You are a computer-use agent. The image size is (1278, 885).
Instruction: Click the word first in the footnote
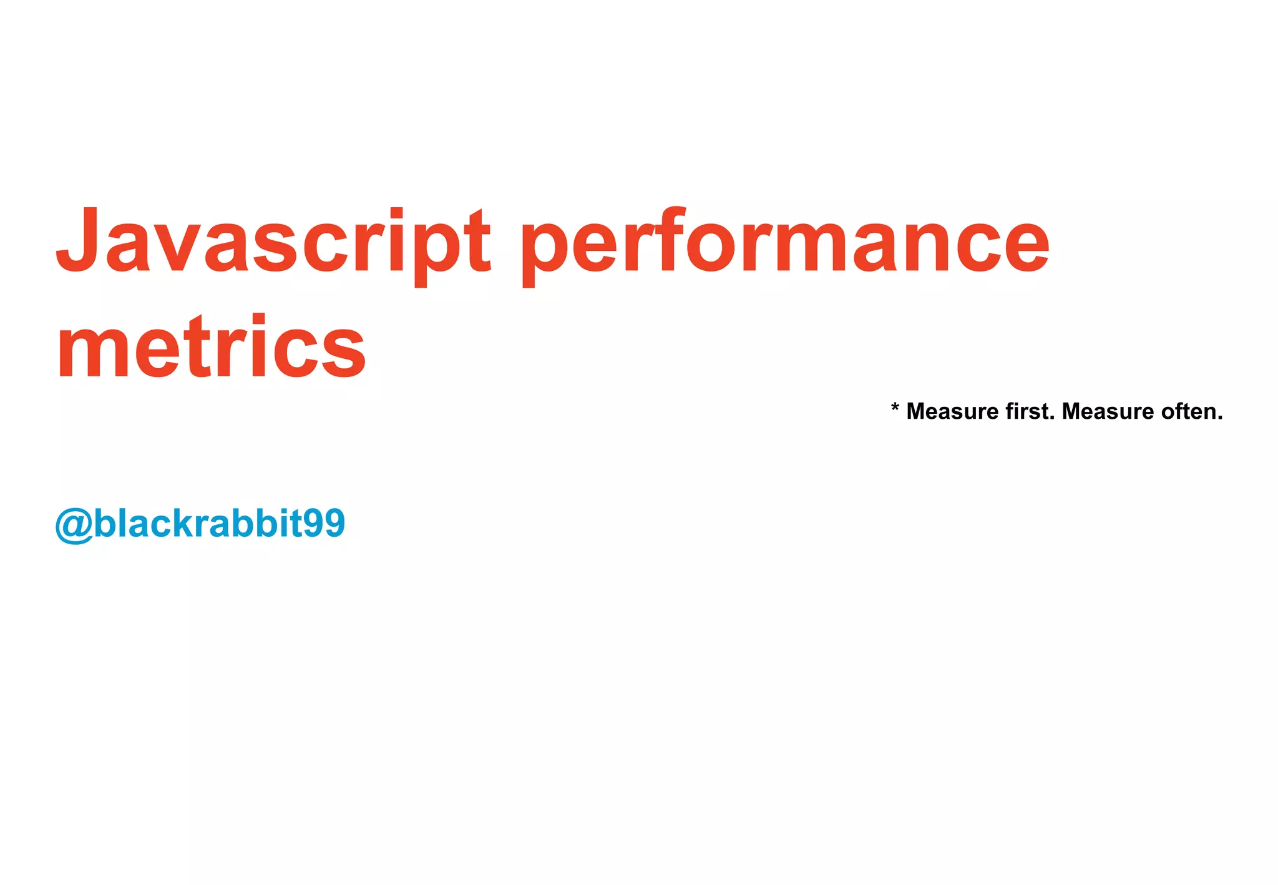[1030, 411]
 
